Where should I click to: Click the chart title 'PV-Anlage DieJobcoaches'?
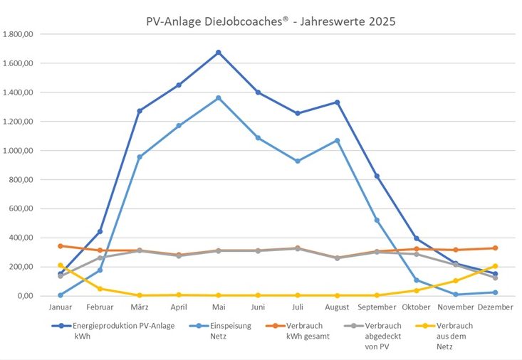(270, 21)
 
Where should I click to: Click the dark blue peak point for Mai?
(219, 53)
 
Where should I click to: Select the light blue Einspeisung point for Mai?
(219, 98)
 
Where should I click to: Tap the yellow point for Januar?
(61, 265)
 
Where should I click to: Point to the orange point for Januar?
(61, 246)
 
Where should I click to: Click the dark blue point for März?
(140, 111)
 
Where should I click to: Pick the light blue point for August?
(337, 141)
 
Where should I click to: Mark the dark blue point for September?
(377, 176)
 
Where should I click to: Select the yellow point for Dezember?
(495, 266)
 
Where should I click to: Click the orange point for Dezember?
(495, 248)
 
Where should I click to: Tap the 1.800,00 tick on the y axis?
(19, 34)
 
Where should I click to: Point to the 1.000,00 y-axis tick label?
(19, 151)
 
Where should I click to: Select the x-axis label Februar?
(100, 307)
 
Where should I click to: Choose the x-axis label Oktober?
(416, 307)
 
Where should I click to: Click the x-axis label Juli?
(298, 307)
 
